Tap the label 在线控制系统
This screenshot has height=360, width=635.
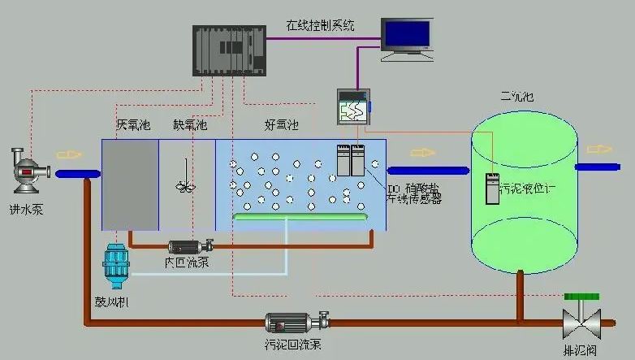(320, 24)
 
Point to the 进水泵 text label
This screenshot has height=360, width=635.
(27, 210)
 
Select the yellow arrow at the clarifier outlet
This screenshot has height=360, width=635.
(599, 149)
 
